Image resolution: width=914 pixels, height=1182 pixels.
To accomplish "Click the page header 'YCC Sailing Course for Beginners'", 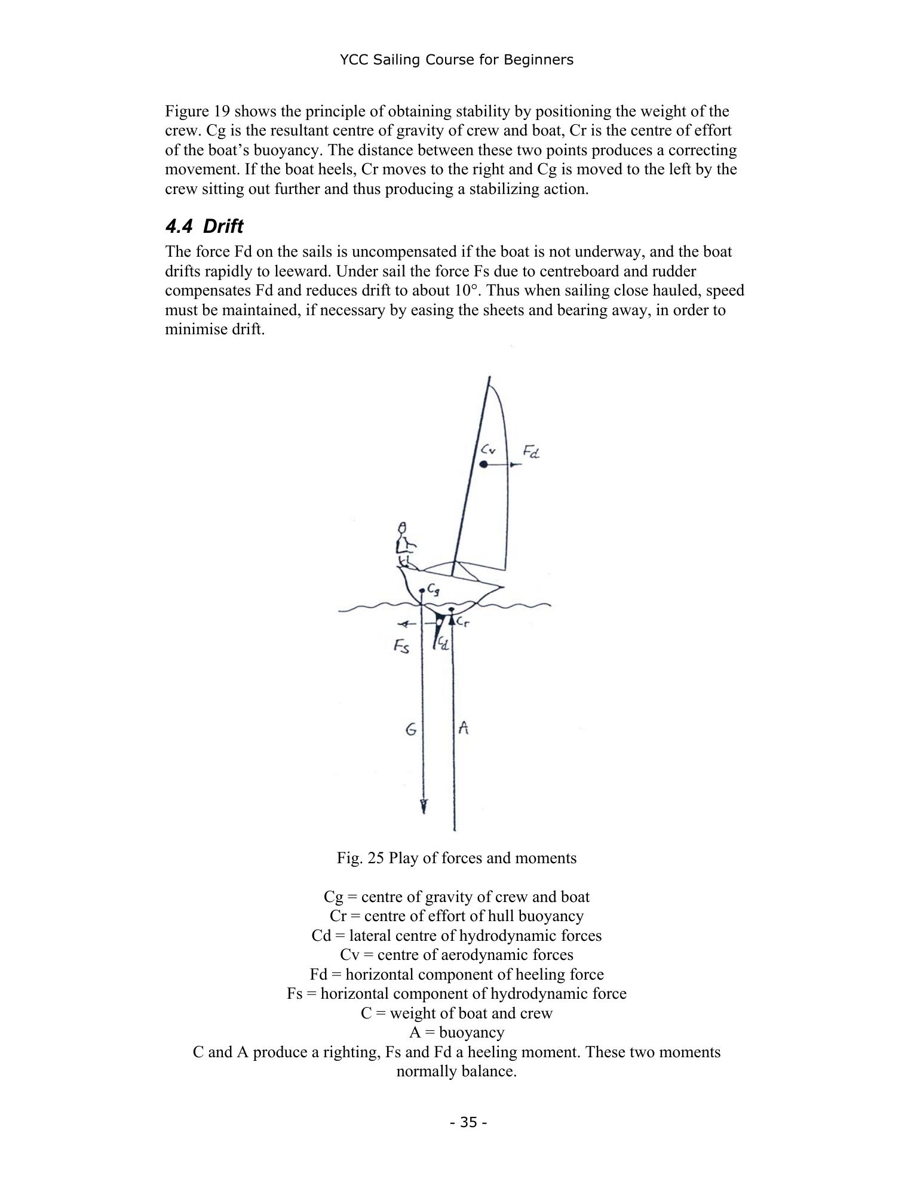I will pyautogui.click(x=456, y=60).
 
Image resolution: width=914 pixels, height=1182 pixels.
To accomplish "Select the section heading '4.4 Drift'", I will pyautogui.click(x=204, y=227).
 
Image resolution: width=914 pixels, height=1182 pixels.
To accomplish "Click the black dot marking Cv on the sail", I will pyautogui.click(x=484, y=464).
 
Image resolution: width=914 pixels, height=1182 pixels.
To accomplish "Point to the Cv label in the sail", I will pyautogui.click(x=489, y=449).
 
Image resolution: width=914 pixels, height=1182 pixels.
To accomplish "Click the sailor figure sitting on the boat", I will pyautogui.click(x=406, y=544).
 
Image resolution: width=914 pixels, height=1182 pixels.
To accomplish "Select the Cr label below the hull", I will pyautogui.click(x=464, y=622).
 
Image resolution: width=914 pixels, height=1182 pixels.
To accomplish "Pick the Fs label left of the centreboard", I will pyautogui.click(x=401, y=646).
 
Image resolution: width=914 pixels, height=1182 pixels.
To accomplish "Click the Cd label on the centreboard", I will pyautogui.click(x=443, y=644).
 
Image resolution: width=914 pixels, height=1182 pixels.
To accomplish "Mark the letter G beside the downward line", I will pyautogui.click(x=411, y=729).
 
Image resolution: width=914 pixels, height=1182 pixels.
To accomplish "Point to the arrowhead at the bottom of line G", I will pyautogui.click(x=424, y=807).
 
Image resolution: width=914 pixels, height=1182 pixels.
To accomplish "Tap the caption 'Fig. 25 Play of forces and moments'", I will pyautogui.click(x=456, y=858).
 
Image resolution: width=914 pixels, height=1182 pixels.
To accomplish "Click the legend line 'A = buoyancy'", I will pyautogui.click(x=456, y=1032).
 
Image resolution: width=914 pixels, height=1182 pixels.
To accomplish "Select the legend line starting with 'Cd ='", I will pyautogui.click(x=456, y=935).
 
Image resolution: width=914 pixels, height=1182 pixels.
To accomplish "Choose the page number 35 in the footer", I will pyautogui.click(x=469, y=1123).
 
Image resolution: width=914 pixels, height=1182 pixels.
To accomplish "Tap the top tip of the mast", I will pyautogui.click(x=490, y=377).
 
